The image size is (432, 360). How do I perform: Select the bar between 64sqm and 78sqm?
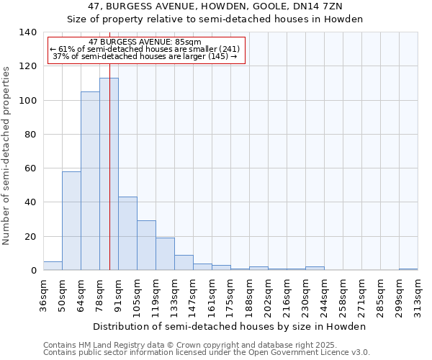click(x=90, y=181)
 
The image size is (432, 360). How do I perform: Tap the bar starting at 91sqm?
click(x=127, y=233)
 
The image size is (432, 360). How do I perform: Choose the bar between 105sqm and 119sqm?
click(x=146, y=246)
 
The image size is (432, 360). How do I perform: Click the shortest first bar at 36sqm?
click(x=53, y=266)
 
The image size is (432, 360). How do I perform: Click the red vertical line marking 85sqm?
click(x=109, y=144)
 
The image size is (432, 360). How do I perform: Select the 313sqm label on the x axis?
click(x=418, y=295)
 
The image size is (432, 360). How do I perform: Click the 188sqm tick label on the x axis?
click(x=249, y=295)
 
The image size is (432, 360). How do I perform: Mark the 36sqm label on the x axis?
click(x=43, y=295)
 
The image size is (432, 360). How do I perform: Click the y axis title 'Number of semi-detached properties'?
click(x=7, y=155)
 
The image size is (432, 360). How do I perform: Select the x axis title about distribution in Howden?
click(x=230, y=326)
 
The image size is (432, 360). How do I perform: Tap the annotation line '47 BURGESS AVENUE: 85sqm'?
click(x=145, y=42)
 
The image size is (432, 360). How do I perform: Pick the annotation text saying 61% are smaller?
click(x=145, y=49)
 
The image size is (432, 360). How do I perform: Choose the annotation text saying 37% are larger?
click(x=145, y=56)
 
